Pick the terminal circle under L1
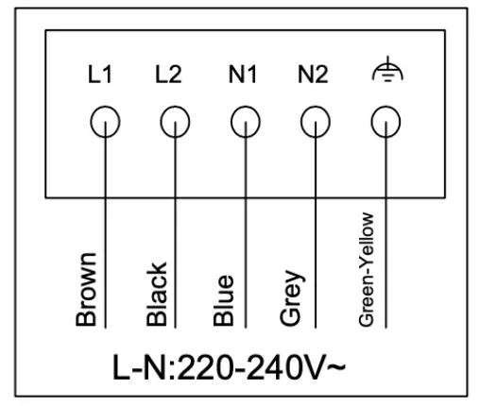(x=104, y=120)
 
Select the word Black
(x=158, y=294)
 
